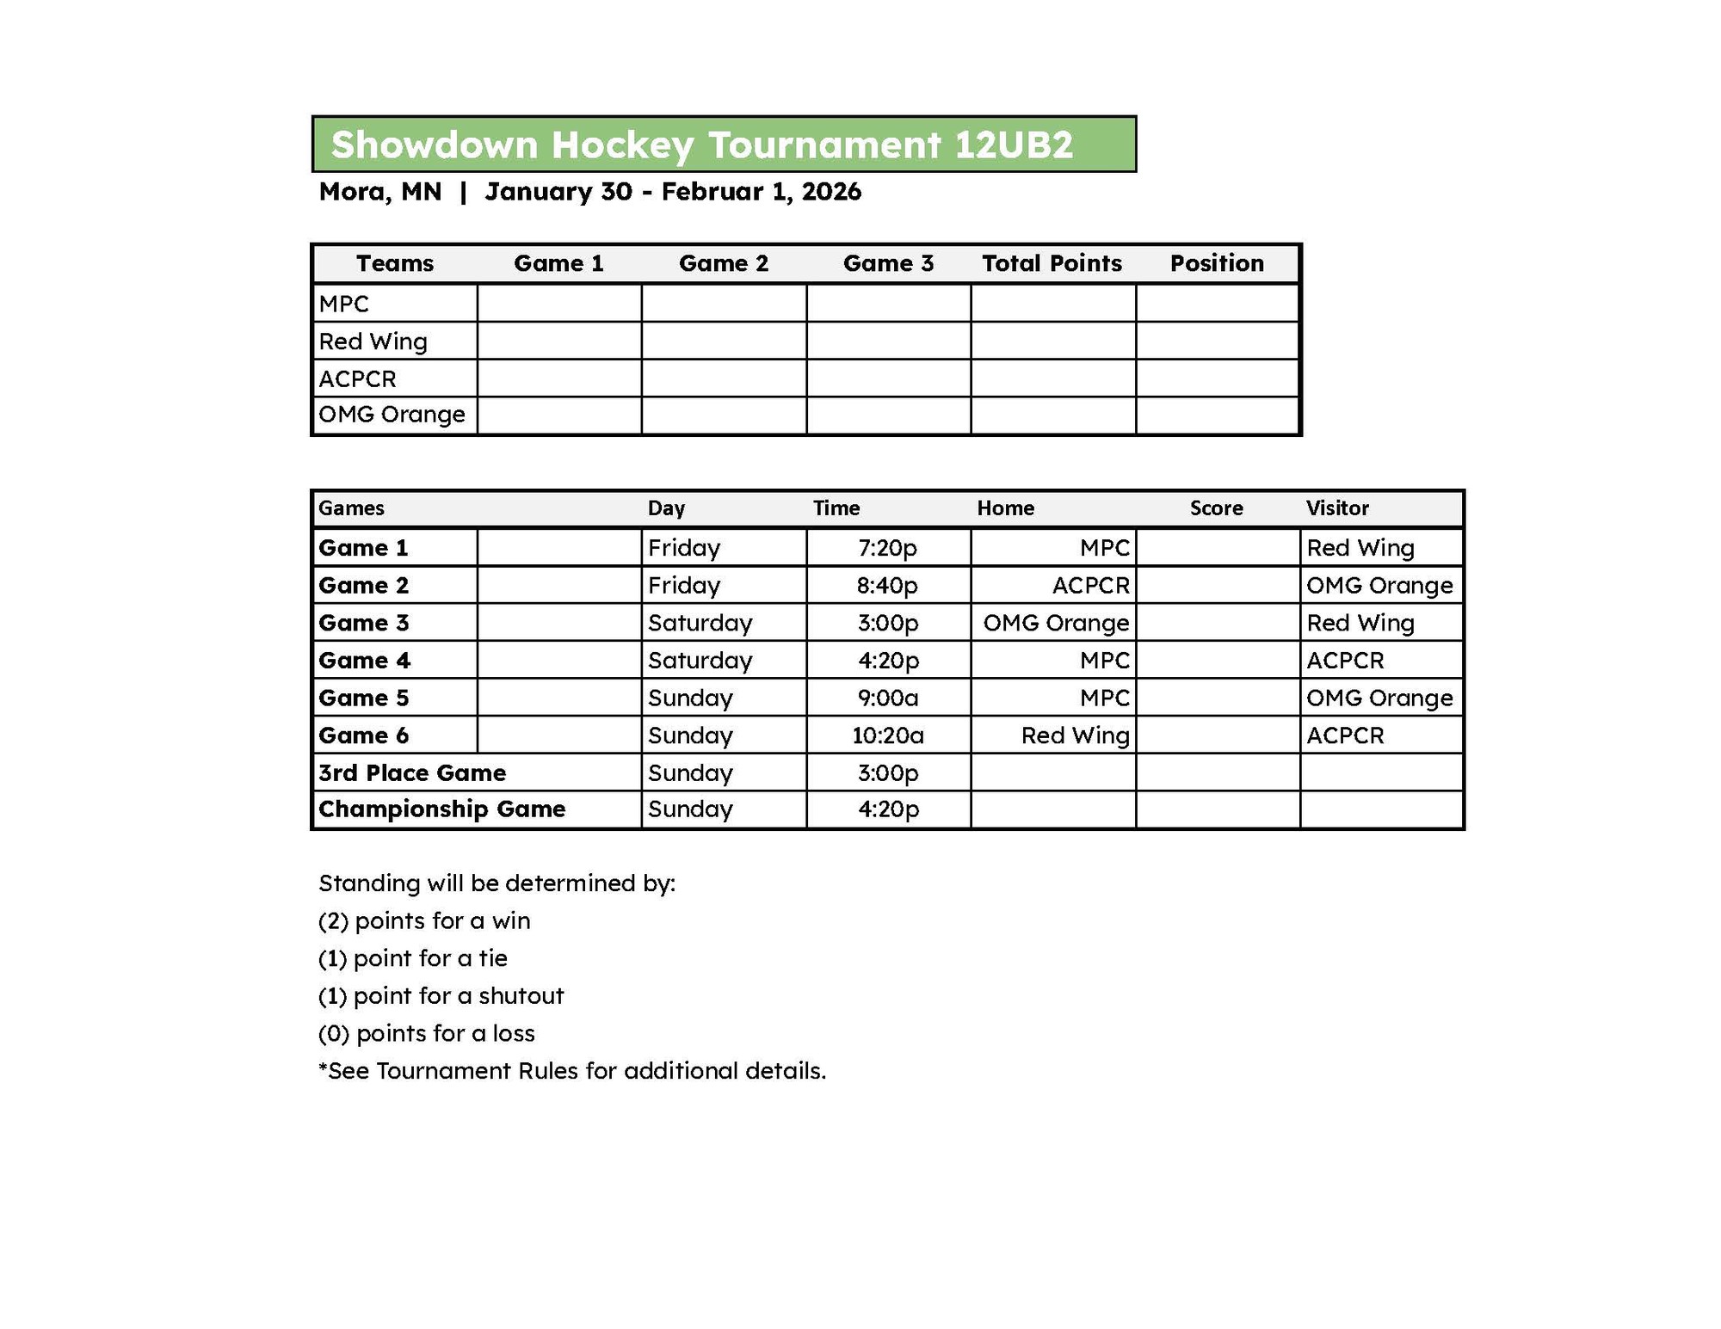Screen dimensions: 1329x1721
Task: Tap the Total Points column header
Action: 1052,263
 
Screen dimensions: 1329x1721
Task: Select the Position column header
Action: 1217,263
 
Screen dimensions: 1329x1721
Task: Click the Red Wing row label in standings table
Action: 373,341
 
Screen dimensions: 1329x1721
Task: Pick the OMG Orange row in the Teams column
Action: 392,415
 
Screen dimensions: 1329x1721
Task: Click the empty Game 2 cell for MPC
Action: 724,304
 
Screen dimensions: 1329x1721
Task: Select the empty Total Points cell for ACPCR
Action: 1052,378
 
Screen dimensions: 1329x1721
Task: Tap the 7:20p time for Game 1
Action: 887,548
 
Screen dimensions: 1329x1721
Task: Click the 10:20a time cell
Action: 887,735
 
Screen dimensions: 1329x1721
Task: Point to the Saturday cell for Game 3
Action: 700,623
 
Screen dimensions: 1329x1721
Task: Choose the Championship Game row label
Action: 441,809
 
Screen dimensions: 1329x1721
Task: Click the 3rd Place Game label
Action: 412,772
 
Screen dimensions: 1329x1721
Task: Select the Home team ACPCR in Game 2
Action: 1090,586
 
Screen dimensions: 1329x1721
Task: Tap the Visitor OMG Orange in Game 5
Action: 1379,698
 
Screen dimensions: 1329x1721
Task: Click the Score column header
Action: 1216,508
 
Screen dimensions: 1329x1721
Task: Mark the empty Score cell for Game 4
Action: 1217,661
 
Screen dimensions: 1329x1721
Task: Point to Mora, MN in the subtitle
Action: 379,191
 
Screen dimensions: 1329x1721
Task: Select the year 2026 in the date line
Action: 831,191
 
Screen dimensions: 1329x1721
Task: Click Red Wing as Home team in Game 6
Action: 1075,735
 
